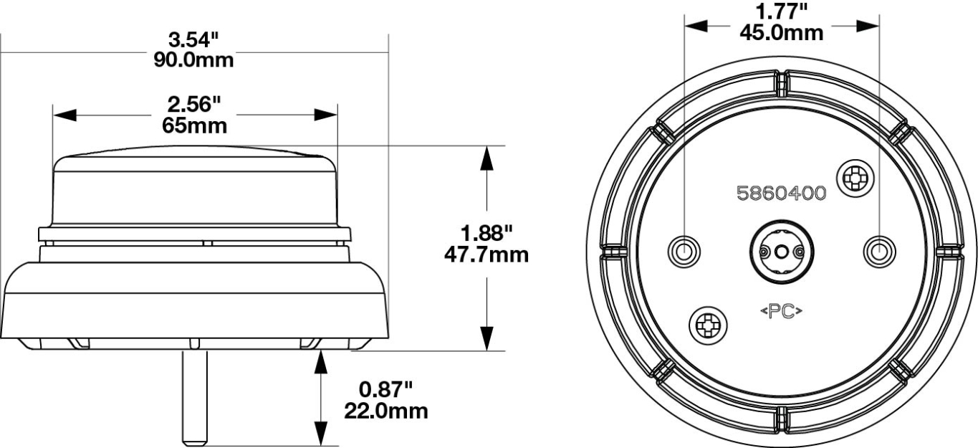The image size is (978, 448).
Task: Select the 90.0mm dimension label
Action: [193, 59]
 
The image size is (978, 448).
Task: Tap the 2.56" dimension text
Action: [193, 105]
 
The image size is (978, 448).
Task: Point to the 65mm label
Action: [193, 126]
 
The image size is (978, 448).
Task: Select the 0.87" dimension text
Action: [385, 391]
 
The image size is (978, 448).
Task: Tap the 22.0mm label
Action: [385, 411]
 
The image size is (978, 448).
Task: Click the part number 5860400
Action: [781, 194]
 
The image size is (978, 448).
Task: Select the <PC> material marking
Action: [780, 312]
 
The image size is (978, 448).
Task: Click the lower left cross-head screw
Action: [708, 327]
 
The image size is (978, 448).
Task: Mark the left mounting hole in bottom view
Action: [684, 252]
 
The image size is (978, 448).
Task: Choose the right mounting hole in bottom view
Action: [878, 252]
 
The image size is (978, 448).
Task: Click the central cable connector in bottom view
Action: [780, 251]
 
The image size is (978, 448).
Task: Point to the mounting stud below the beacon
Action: [194, 398]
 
